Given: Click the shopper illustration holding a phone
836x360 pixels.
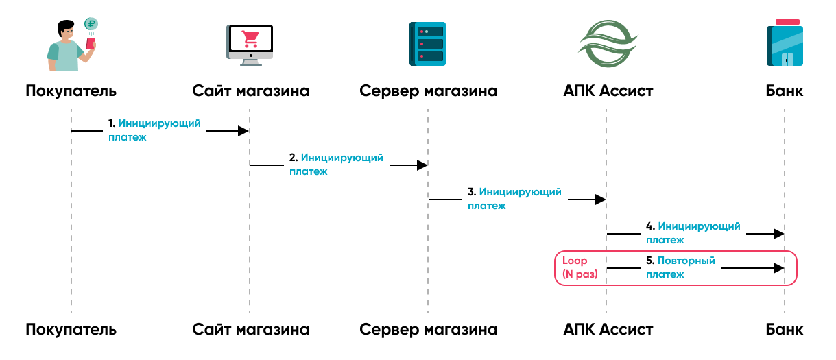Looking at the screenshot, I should coord(69,47).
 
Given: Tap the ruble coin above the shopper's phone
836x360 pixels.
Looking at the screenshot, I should coord(91,24).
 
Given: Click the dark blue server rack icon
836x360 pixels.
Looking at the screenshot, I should coord(427,44).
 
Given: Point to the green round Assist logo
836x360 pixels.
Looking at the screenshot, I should coord(606,44).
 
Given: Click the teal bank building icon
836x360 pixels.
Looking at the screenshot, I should coord(785,44).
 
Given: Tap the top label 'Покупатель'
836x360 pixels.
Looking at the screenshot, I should coord(71,91).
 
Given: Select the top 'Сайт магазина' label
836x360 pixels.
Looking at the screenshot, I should coord(250,91).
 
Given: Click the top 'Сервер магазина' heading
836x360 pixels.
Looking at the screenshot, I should coord(428,91).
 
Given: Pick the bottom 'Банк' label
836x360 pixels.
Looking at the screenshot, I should coord(785,329).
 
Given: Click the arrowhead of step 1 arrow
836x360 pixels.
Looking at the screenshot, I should coord(243,130).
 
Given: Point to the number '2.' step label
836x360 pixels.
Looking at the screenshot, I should coord(293,158).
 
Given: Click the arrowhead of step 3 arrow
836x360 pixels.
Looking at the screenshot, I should coord(600,200).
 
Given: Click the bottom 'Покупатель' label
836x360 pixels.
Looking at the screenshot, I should coord(71,329).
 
